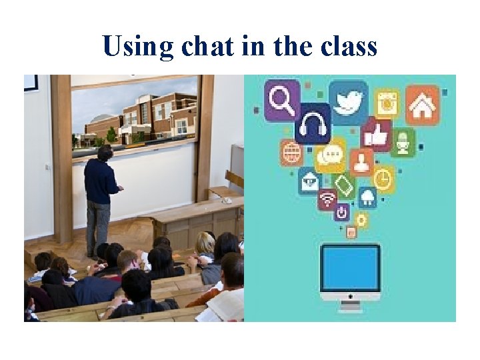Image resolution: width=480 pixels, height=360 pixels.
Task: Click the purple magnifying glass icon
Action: click(282, 100)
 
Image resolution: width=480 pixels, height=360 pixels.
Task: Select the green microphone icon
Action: click(403, 143)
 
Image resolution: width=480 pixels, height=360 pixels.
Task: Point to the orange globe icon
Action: click(292, 153)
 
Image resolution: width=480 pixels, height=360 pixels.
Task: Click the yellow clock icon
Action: click(383, 179)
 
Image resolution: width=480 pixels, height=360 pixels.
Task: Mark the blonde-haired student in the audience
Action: click(205, 245)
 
